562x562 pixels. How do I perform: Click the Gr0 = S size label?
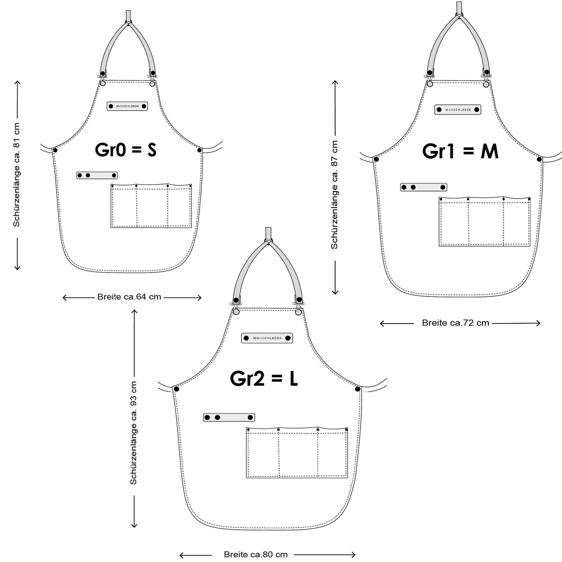[126, 150]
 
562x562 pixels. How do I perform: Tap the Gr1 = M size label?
[460, 151]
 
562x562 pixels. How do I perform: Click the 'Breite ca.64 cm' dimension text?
[129, 297]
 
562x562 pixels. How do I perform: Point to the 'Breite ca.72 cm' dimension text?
[455, 323]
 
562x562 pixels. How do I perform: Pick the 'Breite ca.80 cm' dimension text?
[256, 555]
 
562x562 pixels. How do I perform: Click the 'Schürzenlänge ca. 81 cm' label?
[16, 175]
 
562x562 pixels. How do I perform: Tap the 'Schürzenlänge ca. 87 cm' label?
[334, 195]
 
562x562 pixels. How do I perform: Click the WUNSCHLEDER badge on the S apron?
[127, 106]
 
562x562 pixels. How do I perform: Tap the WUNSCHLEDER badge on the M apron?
[458, 110]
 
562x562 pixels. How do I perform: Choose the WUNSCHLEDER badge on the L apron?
[267, 338]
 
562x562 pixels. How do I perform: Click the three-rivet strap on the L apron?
[229, 417]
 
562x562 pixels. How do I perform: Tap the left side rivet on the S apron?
[55, 150]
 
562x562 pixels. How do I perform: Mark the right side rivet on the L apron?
[357, 389]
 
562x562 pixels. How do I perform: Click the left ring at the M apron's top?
[429, 84]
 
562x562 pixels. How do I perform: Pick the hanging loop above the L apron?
[268, 234]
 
